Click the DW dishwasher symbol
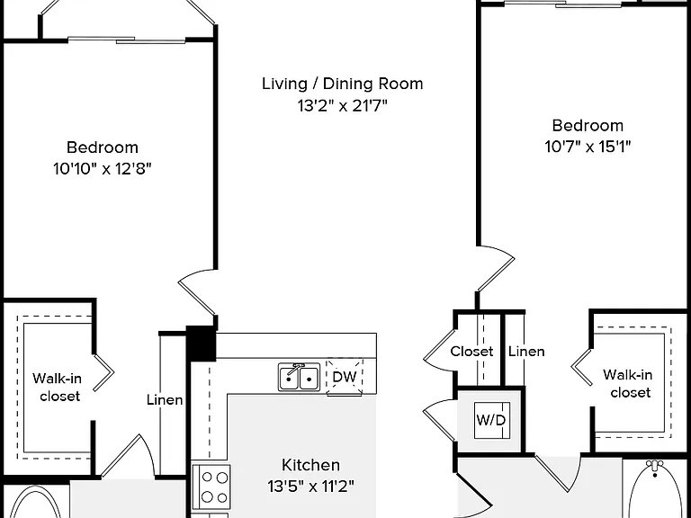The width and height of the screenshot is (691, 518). click(x=345, y=377)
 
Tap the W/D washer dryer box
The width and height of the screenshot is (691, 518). click(x=492, y=420)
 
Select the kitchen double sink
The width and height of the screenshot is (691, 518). click(x=300, y=377)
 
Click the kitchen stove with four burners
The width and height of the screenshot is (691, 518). click(x=211, y=487)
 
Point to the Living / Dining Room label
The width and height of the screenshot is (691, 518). click(x=343, y=84)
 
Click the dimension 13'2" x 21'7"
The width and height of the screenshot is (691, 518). click(x=342, y=106)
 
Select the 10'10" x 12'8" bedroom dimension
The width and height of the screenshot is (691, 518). click(x=103, y=169)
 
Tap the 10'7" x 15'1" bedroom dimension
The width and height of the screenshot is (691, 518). click(x=588, y=147)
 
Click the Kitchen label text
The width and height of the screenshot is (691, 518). click(x=310, y=465)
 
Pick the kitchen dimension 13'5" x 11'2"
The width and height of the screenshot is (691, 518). click(x=310, y=487)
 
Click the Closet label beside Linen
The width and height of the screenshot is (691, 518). click(x=471, y=352)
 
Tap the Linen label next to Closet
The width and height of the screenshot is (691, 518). click(x=526, y=352)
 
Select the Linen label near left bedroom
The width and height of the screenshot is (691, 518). click(x=165, y=400)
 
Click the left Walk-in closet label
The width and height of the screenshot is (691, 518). click(x=58, y=388)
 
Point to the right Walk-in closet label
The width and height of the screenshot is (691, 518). click(x=627, y=384)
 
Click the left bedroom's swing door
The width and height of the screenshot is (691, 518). click(x=197, y=293)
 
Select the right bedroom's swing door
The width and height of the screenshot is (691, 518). click(x=496, y=269)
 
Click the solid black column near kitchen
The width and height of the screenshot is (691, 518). click(x=201, y=344)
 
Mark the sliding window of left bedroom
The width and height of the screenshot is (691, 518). click(x=127, y=40)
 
